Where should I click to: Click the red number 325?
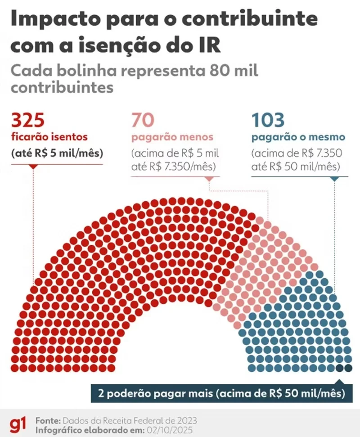tap(28, 121)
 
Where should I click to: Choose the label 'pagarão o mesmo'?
tap(298, 136)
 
